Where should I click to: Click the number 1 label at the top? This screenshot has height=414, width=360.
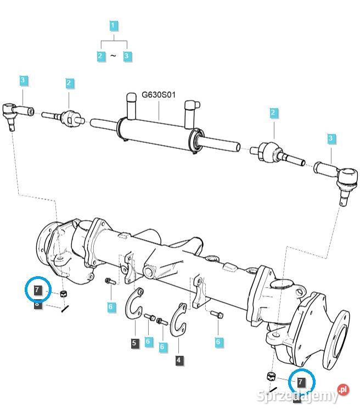pyautogui.click(x=113, y=25)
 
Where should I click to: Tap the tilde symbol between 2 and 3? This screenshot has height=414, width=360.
pyautogui.click(x=113, y=56)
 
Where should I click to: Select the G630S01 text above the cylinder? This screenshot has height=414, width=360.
pyautogui.click(x=159, y=94)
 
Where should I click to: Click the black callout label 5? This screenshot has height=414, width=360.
pyautogui.click(x=134, y=343)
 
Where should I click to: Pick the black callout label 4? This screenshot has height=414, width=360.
pyautogui.click(x=179, y=360)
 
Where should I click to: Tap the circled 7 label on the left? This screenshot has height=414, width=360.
pyautogui.click(x=38, y=289)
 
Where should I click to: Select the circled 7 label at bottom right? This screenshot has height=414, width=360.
pyautogui.click(x=301, y=381)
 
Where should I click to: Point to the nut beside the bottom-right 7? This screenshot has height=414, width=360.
pyautogui.click(x=270, y=376)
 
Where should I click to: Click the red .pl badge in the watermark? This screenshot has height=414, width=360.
pyautogui.click(x=343, y=389)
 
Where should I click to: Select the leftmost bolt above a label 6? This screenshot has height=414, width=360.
pyautogui.click(x=109, y=282)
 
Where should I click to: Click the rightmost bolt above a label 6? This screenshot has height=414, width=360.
pyautogui.click(x=216, y=315)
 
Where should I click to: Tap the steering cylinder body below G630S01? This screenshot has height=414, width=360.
pyautogui.click(x=159, y=132)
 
